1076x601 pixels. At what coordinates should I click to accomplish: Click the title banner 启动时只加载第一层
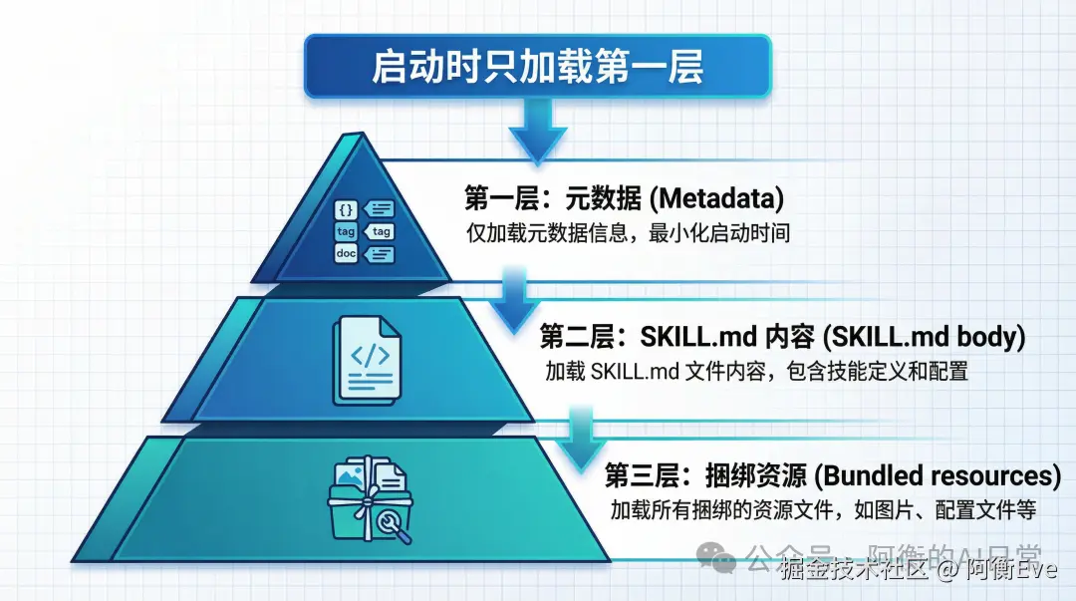tap(537, 68)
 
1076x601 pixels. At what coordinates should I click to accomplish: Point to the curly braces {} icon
tap(346, 209)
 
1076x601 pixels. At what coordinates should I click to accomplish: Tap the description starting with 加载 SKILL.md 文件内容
tap(756, 372)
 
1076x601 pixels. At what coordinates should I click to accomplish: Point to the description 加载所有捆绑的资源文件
tap(824, 509)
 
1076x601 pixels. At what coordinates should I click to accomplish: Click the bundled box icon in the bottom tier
tap(370, 495)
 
